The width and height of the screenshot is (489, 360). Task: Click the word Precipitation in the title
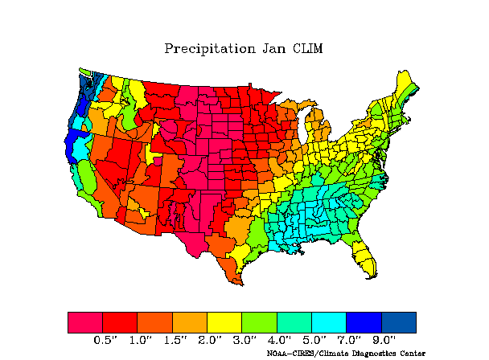(210, 49)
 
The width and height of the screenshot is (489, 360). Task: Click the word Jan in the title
(273, 49)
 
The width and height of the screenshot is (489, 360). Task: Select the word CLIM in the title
(307, 49)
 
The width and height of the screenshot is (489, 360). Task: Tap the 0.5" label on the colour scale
(106, 340)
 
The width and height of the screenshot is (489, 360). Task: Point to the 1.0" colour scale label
(141, 340)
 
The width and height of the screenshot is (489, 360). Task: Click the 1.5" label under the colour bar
(175, 340)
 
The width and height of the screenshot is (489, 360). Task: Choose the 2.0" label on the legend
(210, 340)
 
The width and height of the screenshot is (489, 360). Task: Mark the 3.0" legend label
(245, 340)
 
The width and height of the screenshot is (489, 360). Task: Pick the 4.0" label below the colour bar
(280, 340)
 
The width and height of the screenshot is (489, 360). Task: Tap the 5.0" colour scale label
(314, 340)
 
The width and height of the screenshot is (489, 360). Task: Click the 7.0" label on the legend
(349, 340)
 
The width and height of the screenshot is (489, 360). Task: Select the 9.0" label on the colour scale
(384, 340)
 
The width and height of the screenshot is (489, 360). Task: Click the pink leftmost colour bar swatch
(85, 322)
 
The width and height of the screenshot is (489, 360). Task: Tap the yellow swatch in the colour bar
(224, 322)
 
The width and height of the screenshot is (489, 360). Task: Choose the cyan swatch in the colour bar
(329, 322)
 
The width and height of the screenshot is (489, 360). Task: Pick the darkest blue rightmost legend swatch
(399, 322)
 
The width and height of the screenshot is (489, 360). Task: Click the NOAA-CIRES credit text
(346, 354)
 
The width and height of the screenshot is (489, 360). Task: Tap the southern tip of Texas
(242, 284)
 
